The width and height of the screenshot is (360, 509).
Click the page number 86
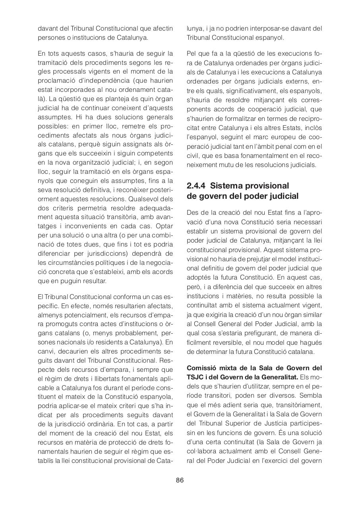point(180,480)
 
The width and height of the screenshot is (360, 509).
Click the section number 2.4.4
point(197,186)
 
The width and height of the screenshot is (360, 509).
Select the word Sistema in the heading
point(226,186)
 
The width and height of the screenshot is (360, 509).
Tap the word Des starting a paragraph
point(193,213)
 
